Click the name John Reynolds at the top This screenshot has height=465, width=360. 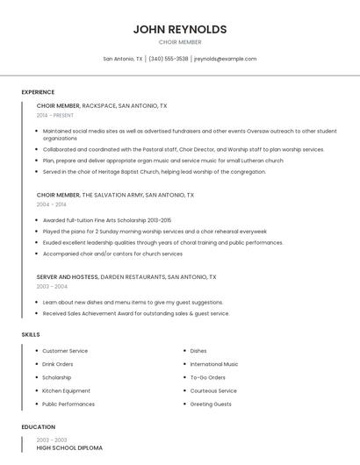(x=180, y=29)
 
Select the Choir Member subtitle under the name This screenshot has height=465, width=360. (x=180, y=42)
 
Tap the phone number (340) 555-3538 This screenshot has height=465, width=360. (x=169, y=59)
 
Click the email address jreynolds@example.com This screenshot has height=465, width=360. (x=226, y=59)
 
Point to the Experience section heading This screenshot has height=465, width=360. (x=38, y=92)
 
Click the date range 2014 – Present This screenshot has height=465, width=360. (x=55, y=115)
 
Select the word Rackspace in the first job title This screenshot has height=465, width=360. (x=98, y=105)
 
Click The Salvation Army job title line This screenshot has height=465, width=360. (x=115, y=195)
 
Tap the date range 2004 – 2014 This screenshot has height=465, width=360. (x=52, y=204)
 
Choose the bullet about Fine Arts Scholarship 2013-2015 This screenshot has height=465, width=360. (x=107, y=220)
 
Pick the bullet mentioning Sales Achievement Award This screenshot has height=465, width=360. (x=135, y=313)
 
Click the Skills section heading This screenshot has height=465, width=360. (x=31, y=334)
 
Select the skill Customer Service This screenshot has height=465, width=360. (x=65, y=351)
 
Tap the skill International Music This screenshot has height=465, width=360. (x=214, y=364)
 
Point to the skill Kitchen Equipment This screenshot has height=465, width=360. (x=66, y=390)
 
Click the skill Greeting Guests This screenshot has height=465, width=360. (x=211, y=404)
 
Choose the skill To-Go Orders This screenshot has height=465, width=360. (x=207, y=377)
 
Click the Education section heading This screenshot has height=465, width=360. (x=38, y=427)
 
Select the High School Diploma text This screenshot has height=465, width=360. (x=69, y=448)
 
